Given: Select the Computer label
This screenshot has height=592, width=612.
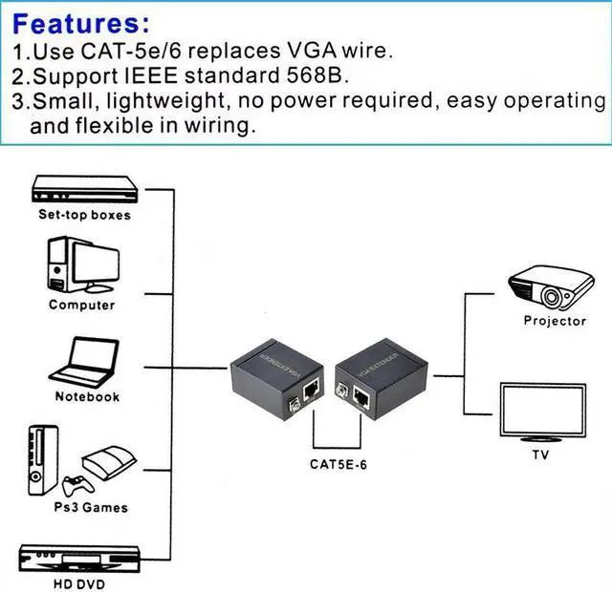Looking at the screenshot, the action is (81, 306).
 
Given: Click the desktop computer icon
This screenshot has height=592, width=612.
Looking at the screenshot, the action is (82, 264).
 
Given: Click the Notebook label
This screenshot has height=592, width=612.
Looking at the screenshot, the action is (86, 397).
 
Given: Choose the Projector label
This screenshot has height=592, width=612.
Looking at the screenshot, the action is (555, 321).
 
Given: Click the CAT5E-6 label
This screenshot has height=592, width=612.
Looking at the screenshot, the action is (340, 465).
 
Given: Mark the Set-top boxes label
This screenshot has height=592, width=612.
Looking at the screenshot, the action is (84, 215).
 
